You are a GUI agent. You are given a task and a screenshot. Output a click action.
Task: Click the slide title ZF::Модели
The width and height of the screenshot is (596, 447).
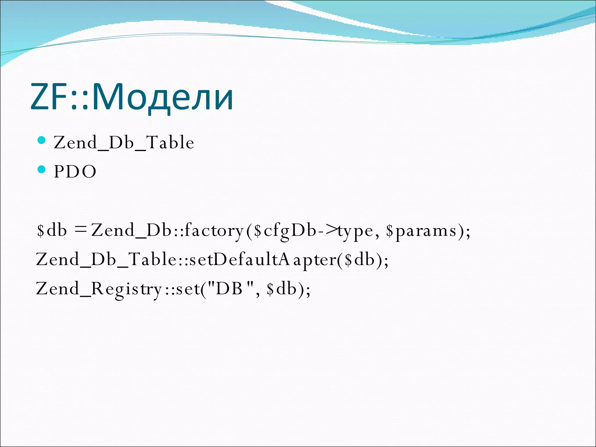coord(132,97)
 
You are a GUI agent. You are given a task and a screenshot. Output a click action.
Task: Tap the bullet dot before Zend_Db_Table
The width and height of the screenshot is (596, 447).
coord(42,141)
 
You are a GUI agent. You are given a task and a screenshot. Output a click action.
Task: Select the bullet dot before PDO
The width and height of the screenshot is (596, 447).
coord(42,169)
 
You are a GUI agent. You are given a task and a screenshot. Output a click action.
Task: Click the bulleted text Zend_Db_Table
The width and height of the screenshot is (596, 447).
coord(124,142)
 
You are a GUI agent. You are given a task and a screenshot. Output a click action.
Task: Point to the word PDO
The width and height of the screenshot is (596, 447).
coord(75,171)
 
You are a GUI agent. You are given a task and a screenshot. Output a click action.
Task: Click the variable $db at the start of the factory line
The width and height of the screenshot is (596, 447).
coord(52,230)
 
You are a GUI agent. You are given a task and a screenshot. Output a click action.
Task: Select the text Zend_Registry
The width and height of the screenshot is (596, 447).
coord(99,288)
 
